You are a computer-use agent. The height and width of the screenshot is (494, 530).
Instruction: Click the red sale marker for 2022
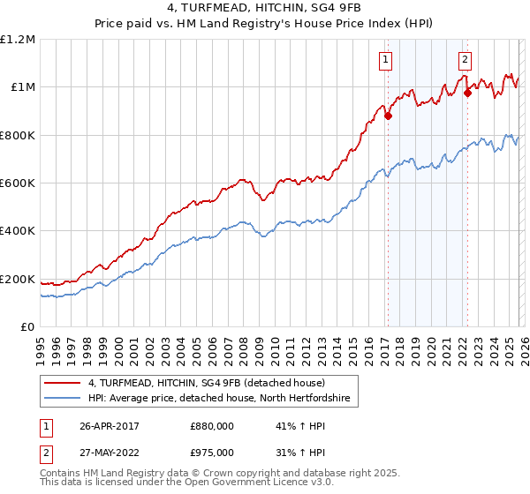(x=467, y=93)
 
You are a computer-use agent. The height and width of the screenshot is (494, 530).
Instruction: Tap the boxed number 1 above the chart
(x=387, y=60)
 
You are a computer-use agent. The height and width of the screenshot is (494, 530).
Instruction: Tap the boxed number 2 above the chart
(x=465, y=60)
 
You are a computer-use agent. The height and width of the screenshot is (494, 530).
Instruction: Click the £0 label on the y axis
(x=27, y=326)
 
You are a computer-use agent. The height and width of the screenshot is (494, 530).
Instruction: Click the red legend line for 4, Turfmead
(x=62, y=383)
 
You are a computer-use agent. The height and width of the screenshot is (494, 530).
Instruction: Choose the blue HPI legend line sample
(x=62, y=399)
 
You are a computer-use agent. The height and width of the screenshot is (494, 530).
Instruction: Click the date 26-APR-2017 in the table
(x=110, y=425)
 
